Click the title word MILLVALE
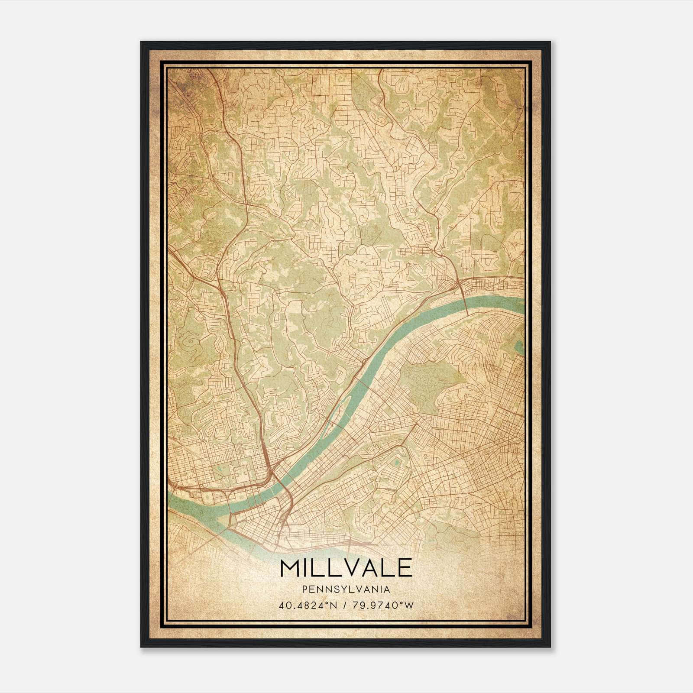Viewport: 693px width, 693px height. pos(346,568)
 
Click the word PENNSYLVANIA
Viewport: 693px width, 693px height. pos(346,589)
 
